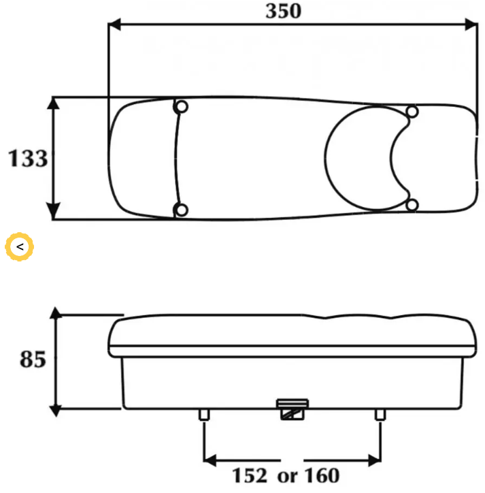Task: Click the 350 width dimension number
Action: pyautogui.click(x=284, y=11)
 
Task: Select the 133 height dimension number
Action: pyautogui.click(x=28, y=158)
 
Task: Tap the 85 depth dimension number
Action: pyautogui.click(x=33, y=359)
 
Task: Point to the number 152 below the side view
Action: pyautogui.click(x=250, y=475)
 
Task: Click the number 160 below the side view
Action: pyautogui.click(x=322, y=475)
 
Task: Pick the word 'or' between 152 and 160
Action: pyautogui.click(x=287, y=477)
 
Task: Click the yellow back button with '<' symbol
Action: pyautogui.click(x=20, y=246)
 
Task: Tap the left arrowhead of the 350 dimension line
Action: pyautogui.click(x=114, y=25)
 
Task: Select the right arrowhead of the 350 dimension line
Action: pyautogui.click(x=471, y=25)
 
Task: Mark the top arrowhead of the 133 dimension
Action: pyautogui.click(x=54, y=103)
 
